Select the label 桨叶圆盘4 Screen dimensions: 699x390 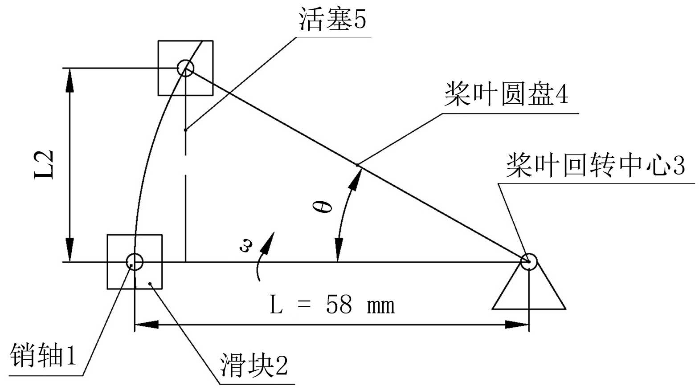[x=506, y=94]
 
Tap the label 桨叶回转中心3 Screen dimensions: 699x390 [x=595, y=165]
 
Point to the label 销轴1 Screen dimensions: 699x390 [x=43, y=355]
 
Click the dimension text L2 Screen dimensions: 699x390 [x=45, y=164]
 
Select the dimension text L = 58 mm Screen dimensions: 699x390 [x=332, y=305]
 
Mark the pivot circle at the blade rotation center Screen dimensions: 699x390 [x=529, y=261]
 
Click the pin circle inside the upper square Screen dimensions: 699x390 [x=185, y=68]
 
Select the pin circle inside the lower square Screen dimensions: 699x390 [x=135, y=262]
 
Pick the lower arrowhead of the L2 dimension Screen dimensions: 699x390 [x=69, y=252]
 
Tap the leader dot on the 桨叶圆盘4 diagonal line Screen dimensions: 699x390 [x=357, y=165]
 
